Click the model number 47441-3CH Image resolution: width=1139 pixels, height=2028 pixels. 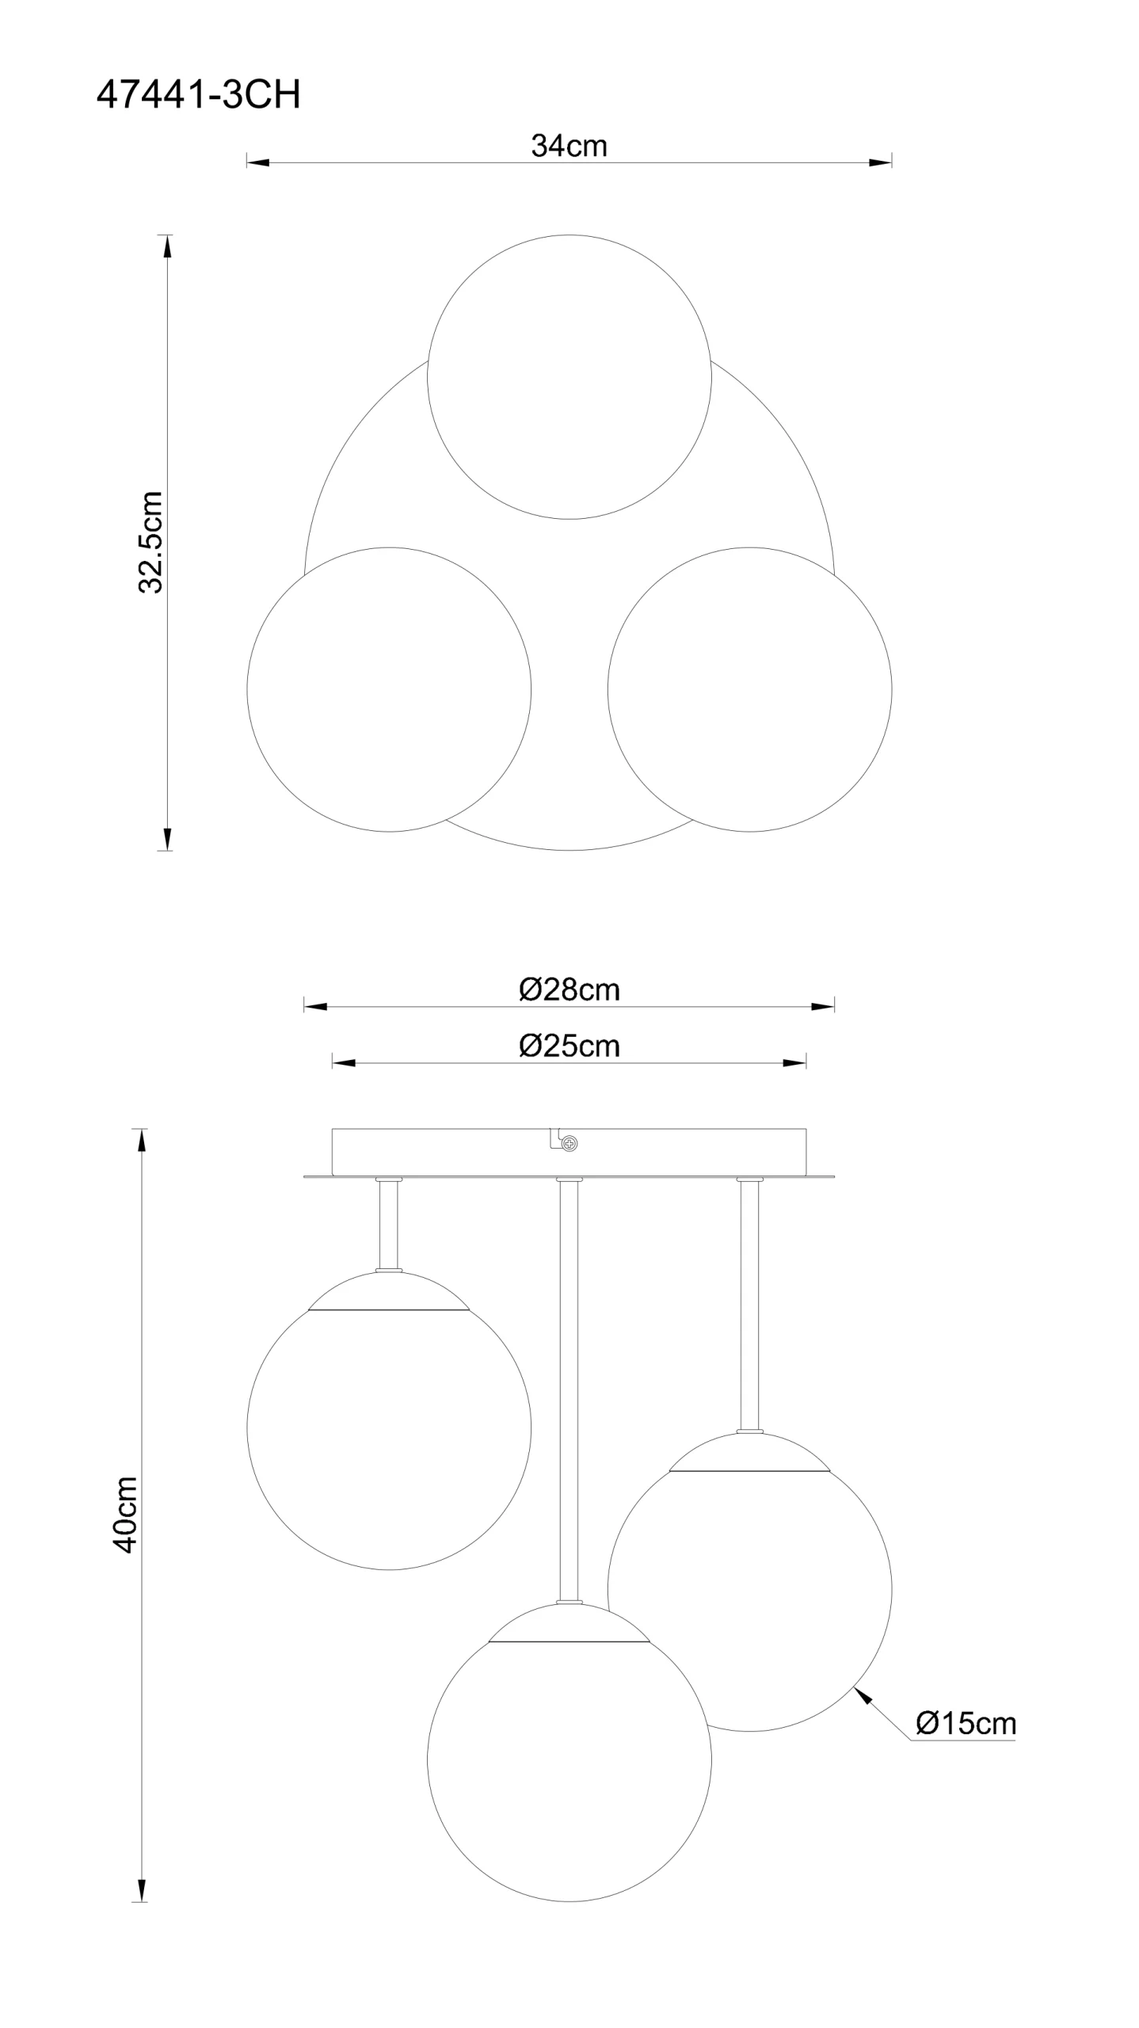(198, 95)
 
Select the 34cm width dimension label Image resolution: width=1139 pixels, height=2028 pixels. (569, 146)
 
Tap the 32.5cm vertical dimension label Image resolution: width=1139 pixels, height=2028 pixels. (150, 542)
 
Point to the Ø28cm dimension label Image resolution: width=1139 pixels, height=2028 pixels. (569, 989)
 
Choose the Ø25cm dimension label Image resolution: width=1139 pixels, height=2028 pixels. (569, 1046)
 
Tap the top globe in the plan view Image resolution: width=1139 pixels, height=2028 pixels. (569, 377)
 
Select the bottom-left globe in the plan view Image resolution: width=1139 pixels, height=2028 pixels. (389, 689)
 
